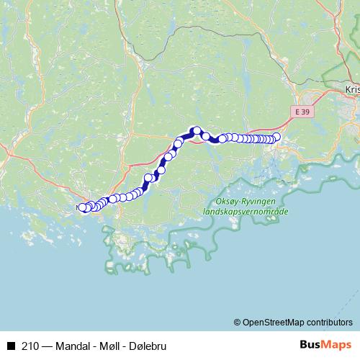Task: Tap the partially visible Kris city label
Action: pyautogui.click(x=352, y=90)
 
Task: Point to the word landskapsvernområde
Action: pyautogui.click(x=246, y=212)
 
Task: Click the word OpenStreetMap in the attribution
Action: pyautogui.click(x=274, y=322)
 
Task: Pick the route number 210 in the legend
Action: pyautogui.click(x=30, y=344)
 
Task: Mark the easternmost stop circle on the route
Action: pyautogui.click(x=276, y=136)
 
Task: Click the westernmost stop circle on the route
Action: pyautogui.click(x=81, y=208)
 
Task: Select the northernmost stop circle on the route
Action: pyautogui.click(x=194, y=130)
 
